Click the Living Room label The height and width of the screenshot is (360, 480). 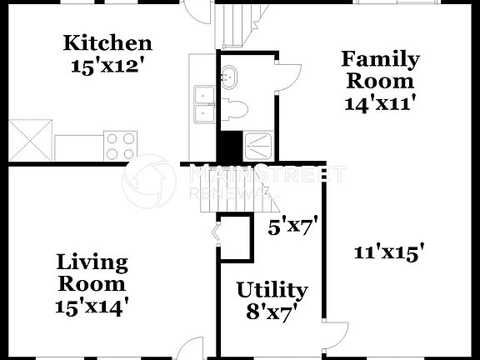click(x=92, y=273)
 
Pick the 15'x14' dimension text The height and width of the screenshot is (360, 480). click(x=92, y=307)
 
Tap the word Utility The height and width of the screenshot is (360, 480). click(x=272, y=290)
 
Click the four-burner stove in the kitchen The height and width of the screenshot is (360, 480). click(x=120, y=147)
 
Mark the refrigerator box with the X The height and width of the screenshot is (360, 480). click(x=32, y=139)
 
